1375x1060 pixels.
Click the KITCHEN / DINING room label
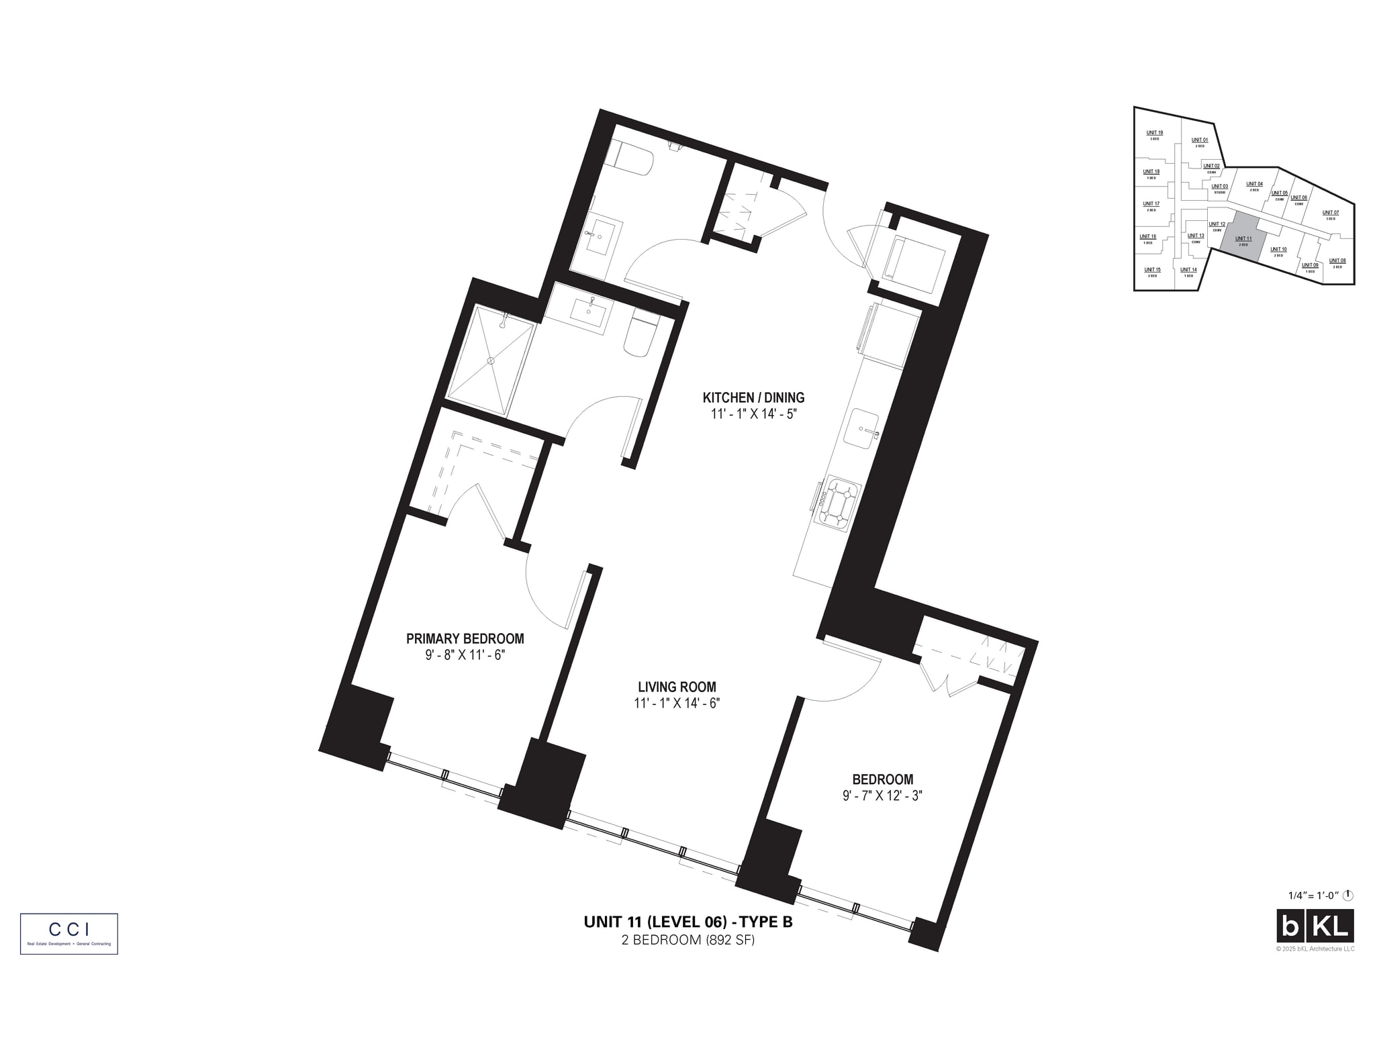coord(753,397)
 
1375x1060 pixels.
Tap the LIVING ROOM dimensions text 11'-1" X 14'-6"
coord(677,704)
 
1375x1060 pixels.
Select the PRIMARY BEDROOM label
coord(465,638)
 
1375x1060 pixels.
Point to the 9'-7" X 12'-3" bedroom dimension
coord(882,796)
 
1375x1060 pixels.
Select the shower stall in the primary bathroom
coord(491,360)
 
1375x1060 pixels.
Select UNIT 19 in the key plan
coord(1154,134)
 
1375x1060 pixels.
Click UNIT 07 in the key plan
coord(1330,214)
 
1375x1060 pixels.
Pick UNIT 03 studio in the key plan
coord(1219,189)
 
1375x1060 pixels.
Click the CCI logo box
coord(69,933)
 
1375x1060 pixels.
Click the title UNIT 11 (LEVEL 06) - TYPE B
coord(687,922)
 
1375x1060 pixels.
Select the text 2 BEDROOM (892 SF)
coord(687,940)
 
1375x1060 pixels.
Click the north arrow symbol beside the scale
coord(1348,895)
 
